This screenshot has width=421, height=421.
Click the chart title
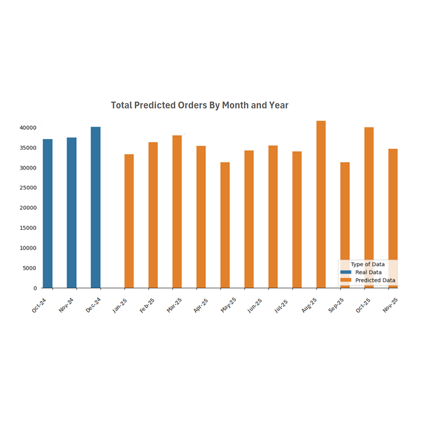point(199,105)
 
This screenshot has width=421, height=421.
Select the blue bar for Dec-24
point(95,207)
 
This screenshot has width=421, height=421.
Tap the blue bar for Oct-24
point(47,213)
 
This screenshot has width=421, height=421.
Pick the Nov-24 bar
point(72,213)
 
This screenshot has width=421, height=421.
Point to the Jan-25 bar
point(129,221)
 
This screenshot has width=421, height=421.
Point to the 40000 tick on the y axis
point(28,128)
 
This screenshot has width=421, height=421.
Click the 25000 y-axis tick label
point(28,188)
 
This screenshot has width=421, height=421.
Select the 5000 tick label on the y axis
point(29,268)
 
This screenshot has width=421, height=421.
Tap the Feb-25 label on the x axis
point(147,305)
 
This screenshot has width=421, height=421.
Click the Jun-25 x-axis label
point(255,305)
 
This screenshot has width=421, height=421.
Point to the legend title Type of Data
point(367,264)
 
